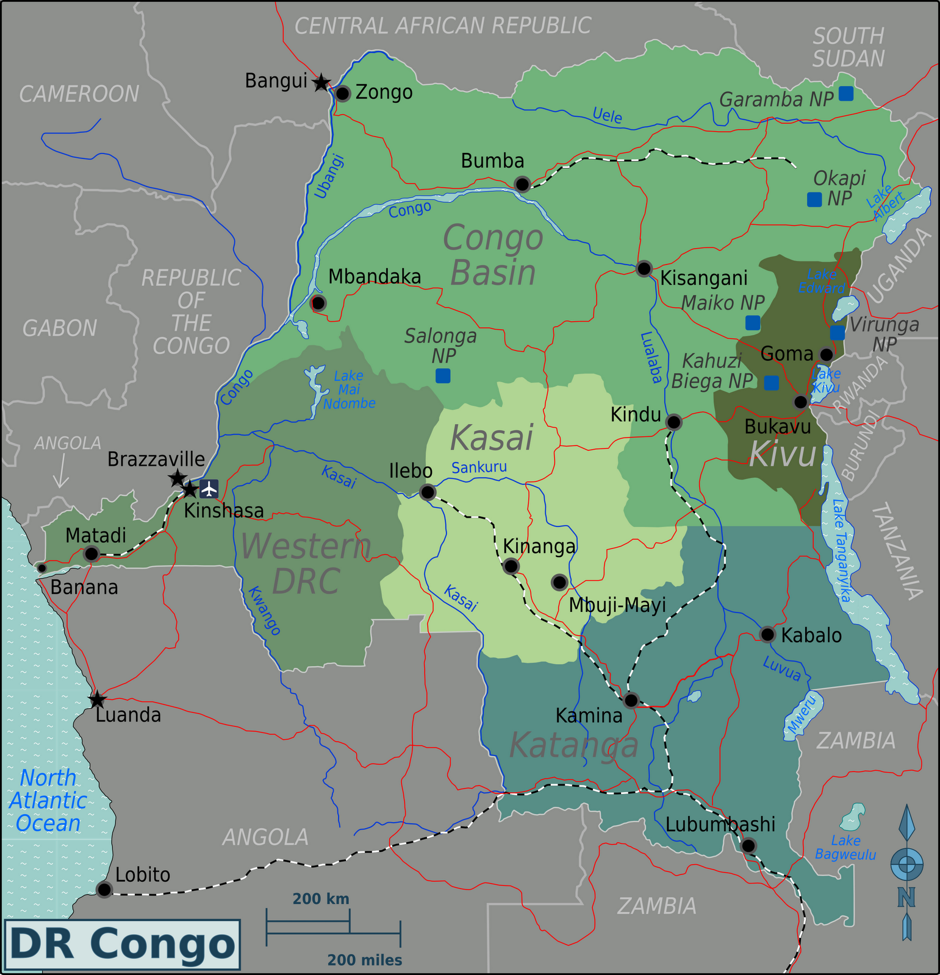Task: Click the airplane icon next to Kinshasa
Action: [x=209, y=489]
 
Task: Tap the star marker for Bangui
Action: [x=321, y=82]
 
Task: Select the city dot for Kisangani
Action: [x=644, y=268]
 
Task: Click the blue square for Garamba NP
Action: [x=845, y=93]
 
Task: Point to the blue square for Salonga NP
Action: [x=443, y=375]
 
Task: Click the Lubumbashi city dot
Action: [x=748, y=845]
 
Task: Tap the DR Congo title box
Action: [x=122, y=945]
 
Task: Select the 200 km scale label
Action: [x=321, y=899]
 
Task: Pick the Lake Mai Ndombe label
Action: [x=349, y=390]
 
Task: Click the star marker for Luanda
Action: [x=98, y=700]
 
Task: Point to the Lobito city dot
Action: [x=104, y=890]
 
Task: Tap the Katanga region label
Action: [x=573, y=745]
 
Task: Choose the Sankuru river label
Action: [x=479, y=467]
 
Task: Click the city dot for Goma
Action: [x=826, y=355]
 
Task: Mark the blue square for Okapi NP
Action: [x=814, y=199]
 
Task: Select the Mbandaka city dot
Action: [x=318, y=302]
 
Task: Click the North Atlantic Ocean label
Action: [x=48, y=800]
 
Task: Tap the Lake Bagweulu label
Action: [x=845, y=848]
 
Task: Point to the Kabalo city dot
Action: [x=767, y=634]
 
